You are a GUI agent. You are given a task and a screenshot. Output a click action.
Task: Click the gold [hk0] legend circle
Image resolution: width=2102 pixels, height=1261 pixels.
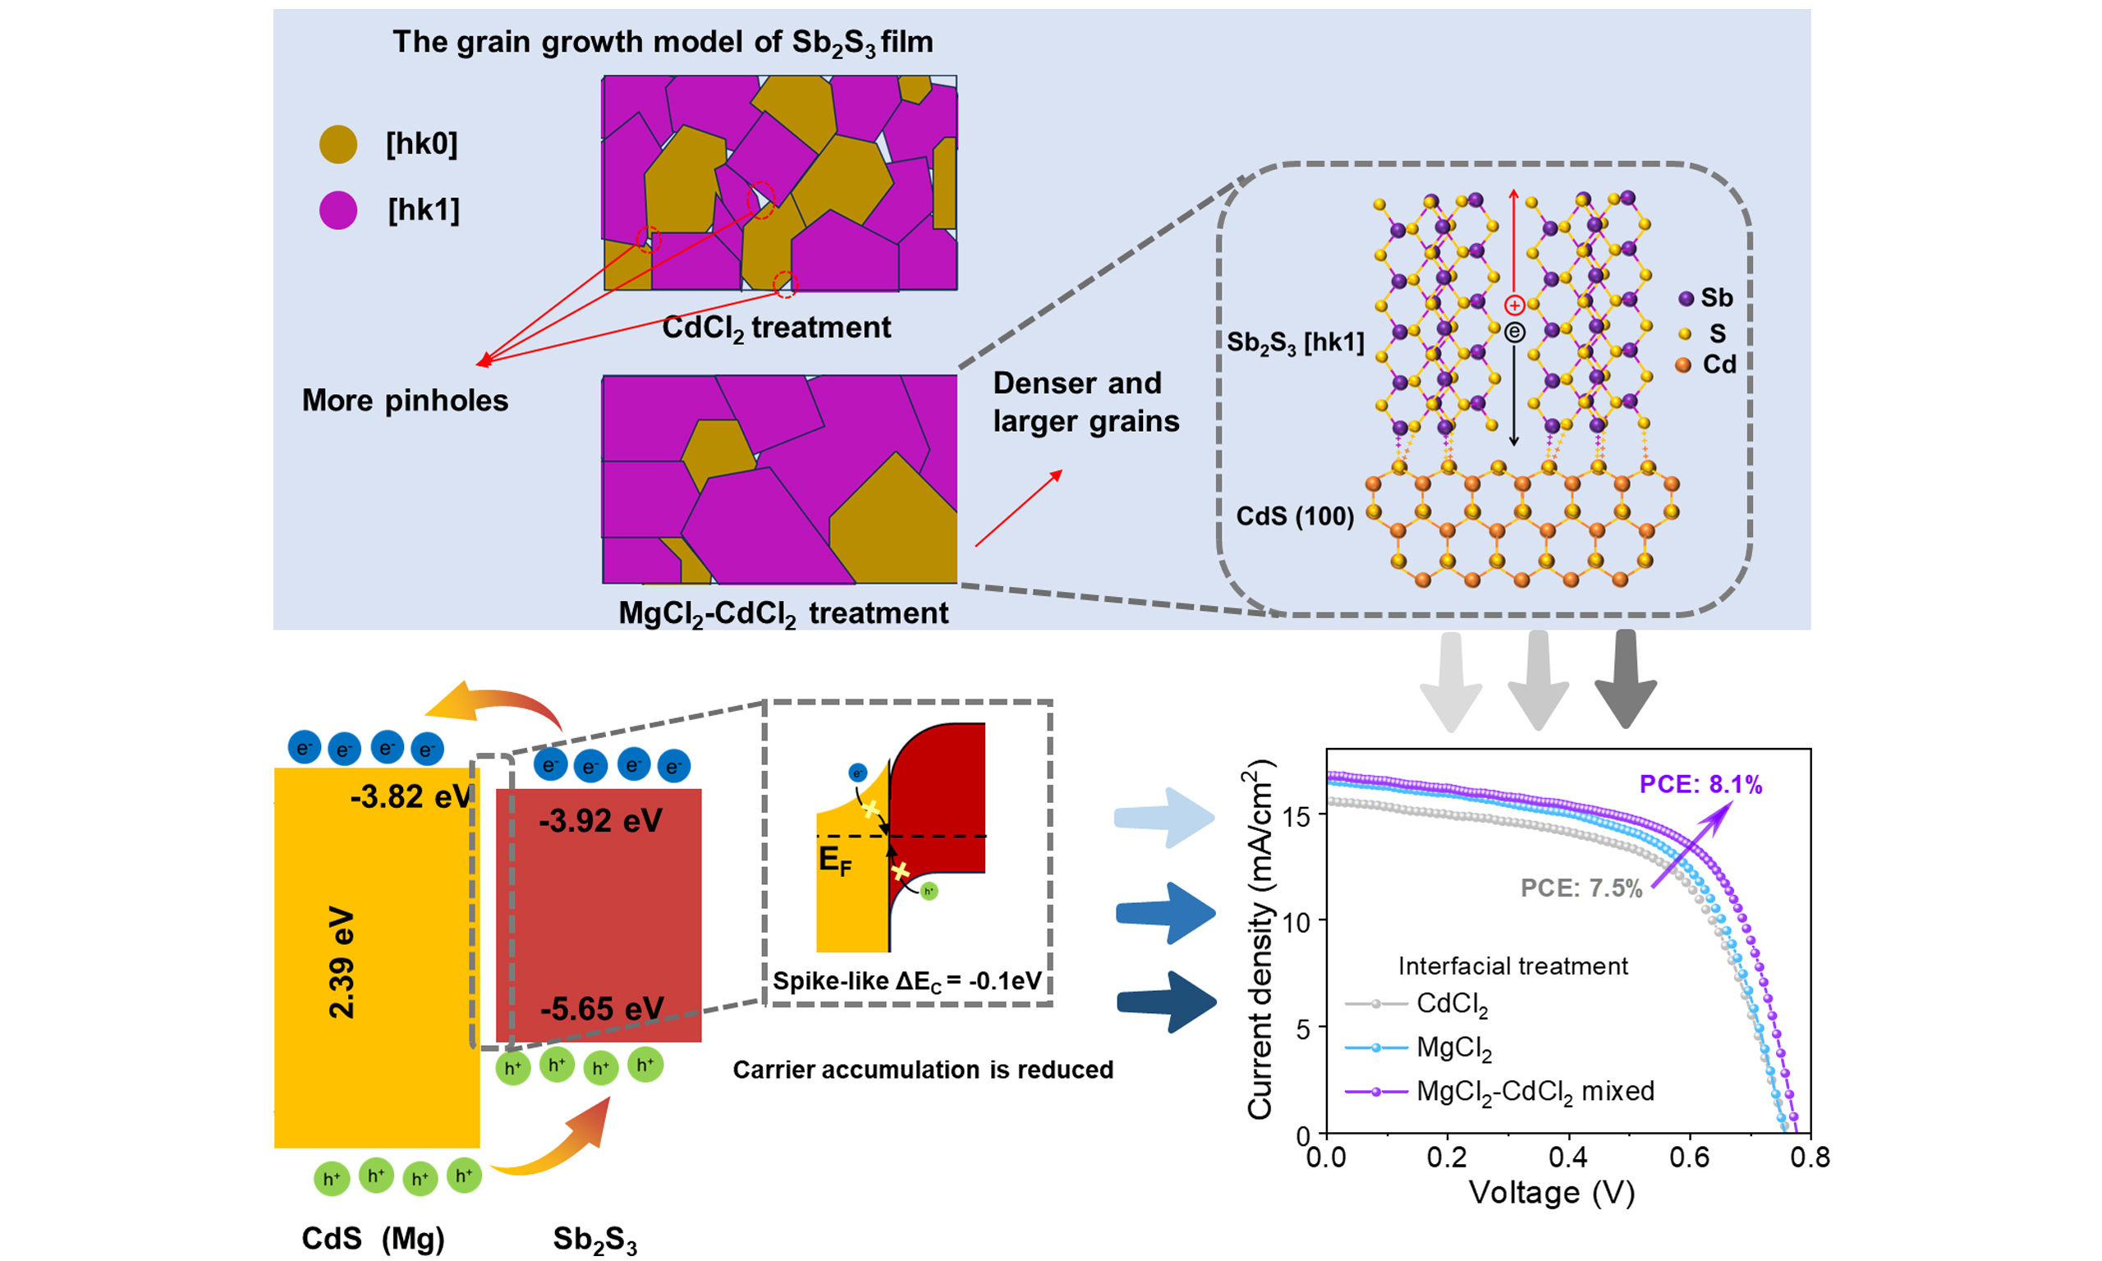coord(338,144)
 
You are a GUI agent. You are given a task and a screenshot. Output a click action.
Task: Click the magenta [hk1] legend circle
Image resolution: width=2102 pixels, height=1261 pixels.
coord(338,210)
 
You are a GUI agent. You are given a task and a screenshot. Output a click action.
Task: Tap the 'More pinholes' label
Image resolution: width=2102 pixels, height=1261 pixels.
coord(405,401)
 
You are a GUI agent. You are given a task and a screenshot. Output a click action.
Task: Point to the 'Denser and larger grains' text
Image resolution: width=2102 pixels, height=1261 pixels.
coord(1085,402)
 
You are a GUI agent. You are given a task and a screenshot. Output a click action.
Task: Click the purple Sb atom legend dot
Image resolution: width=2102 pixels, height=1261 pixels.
coord(1686,298)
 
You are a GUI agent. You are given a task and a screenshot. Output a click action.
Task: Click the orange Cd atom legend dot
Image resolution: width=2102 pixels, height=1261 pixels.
coord(1683,365)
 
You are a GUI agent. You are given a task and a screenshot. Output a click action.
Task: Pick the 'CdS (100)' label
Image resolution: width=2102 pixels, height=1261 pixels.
coord(1294,516)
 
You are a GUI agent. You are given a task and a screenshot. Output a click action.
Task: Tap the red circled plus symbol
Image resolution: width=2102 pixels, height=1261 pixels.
coord(1514,305)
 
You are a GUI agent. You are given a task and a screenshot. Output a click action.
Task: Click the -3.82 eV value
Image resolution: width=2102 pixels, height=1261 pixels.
coord(411,797)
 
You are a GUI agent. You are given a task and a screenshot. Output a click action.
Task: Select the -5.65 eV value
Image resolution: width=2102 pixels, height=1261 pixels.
coord(602,1009)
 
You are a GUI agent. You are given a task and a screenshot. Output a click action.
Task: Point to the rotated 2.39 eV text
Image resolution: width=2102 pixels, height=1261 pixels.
coord(342,962)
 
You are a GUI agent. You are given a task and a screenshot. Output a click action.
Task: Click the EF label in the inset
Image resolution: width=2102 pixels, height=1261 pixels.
coord(834,860)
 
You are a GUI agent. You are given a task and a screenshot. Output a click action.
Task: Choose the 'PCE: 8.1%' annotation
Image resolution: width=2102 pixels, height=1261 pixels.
coord(1700,784)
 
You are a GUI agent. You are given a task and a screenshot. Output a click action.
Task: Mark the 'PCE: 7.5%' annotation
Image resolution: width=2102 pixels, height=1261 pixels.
coord(1581,888)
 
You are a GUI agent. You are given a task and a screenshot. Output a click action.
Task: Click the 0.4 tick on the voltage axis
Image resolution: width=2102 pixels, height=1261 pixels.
coord(1567,1157)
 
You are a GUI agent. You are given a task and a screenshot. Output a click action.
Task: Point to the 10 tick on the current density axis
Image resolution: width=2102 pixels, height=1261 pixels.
coord(1297,922)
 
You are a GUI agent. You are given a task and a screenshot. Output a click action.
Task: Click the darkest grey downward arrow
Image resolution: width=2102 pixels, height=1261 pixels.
coord(1625,679)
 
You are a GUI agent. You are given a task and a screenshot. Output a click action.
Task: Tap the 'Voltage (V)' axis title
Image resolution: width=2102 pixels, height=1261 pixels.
coord(1551,1193)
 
